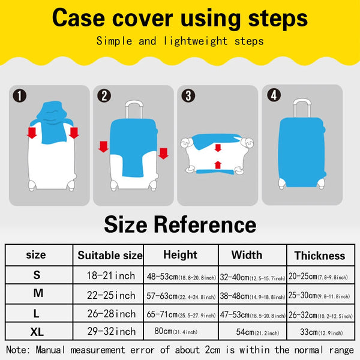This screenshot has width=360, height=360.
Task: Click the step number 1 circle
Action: click(20, 95)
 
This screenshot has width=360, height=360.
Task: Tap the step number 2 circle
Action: click(104, 95)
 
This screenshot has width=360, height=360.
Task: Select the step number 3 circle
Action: click(188, 95)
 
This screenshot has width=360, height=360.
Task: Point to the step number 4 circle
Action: click(274, 95)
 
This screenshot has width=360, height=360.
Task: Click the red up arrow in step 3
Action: click(218, 163)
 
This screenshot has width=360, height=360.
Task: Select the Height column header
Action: click(180, 255)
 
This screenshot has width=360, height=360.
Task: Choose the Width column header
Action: click(247, 255)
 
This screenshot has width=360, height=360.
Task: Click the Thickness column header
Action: click(319, 256)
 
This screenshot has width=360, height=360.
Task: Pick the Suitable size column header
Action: click(110, 256)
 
